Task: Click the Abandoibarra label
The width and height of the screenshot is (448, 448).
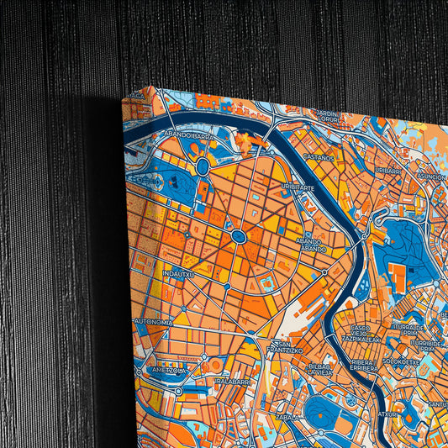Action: coord(190,134)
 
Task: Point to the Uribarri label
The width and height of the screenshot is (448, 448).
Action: coord(389,171)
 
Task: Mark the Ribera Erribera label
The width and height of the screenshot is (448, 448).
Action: coord(366,366)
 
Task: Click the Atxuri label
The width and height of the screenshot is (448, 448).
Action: coord(387,414)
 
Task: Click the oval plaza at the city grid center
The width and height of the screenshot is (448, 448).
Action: coord(239,237)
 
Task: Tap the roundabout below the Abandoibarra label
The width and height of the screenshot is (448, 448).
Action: coord(203,166)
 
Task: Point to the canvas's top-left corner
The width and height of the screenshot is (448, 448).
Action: coord(124,98)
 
